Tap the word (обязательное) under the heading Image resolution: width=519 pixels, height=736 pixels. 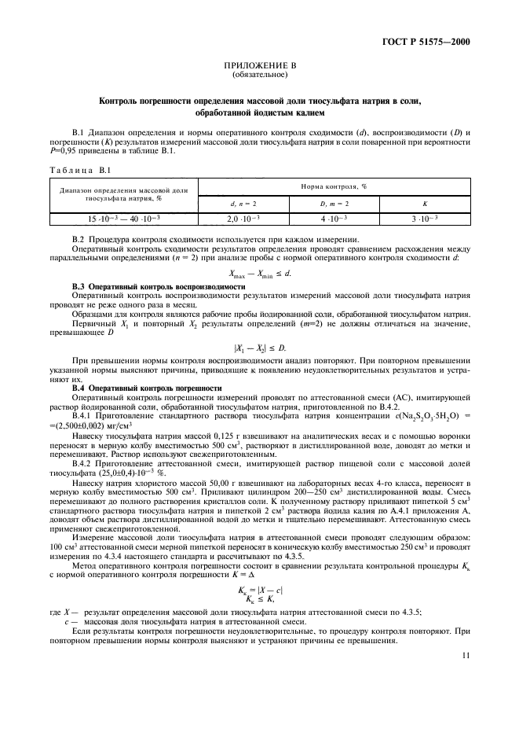pos(260,76)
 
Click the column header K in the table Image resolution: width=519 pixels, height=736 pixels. pos(425,204)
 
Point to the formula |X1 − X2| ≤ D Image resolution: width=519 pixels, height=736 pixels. pos(260,348)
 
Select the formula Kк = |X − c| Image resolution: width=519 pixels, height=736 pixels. pos(260,589)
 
